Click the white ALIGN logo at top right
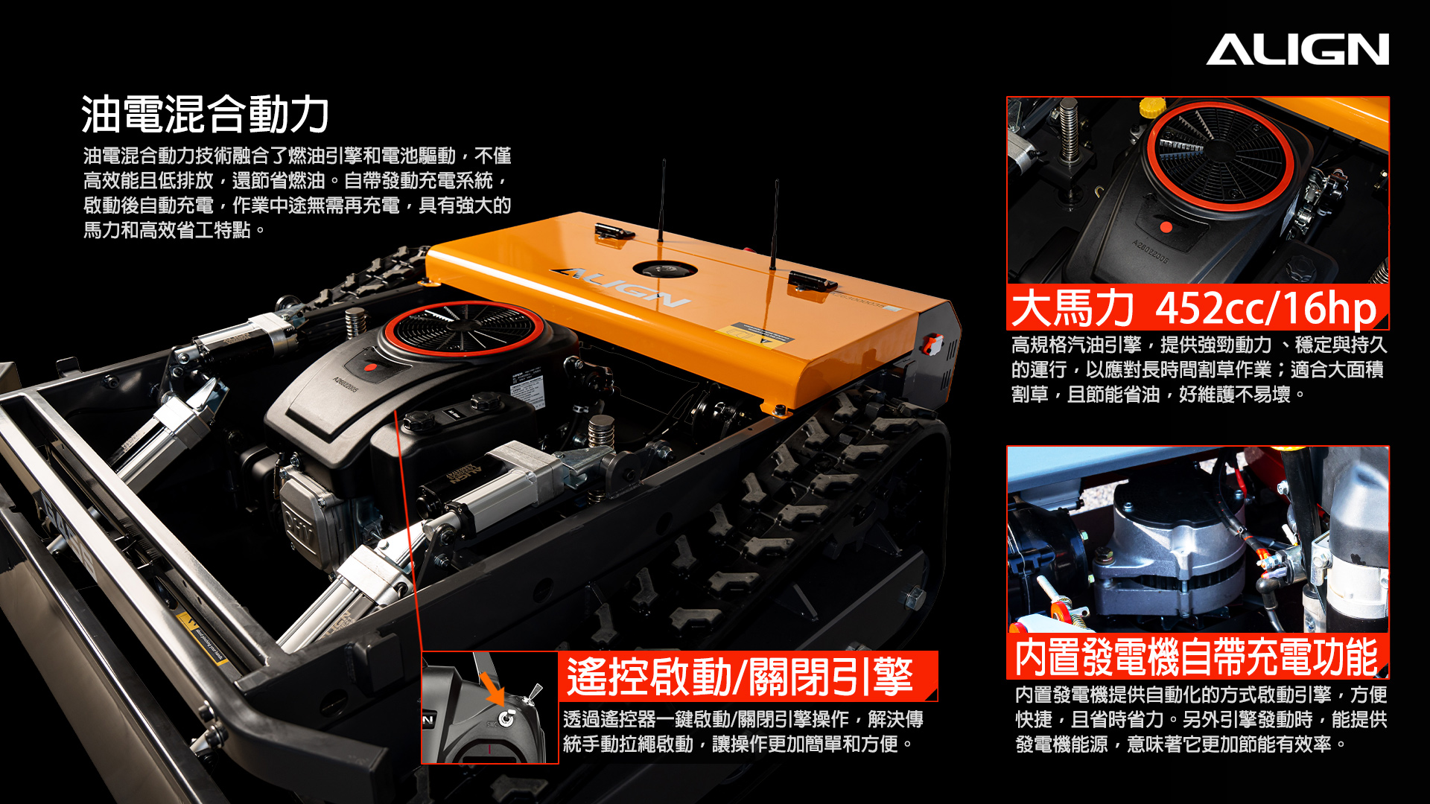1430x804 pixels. tap(1297, 49)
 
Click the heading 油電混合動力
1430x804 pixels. tap(206, 114)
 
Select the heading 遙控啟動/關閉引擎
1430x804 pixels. tap(740, 676)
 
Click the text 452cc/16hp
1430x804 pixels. tap(1265, 307)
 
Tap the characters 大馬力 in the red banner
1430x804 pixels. tap(1072, 307)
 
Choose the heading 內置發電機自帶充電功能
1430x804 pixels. tap(1196, 657)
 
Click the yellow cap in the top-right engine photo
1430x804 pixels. tap(1152, 107)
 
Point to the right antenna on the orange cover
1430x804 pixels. tap(775, 225)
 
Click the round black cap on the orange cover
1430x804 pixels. tap(664, 269)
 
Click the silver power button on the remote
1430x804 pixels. tap(506, 718)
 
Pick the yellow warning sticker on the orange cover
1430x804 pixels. tap(754, 336)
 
